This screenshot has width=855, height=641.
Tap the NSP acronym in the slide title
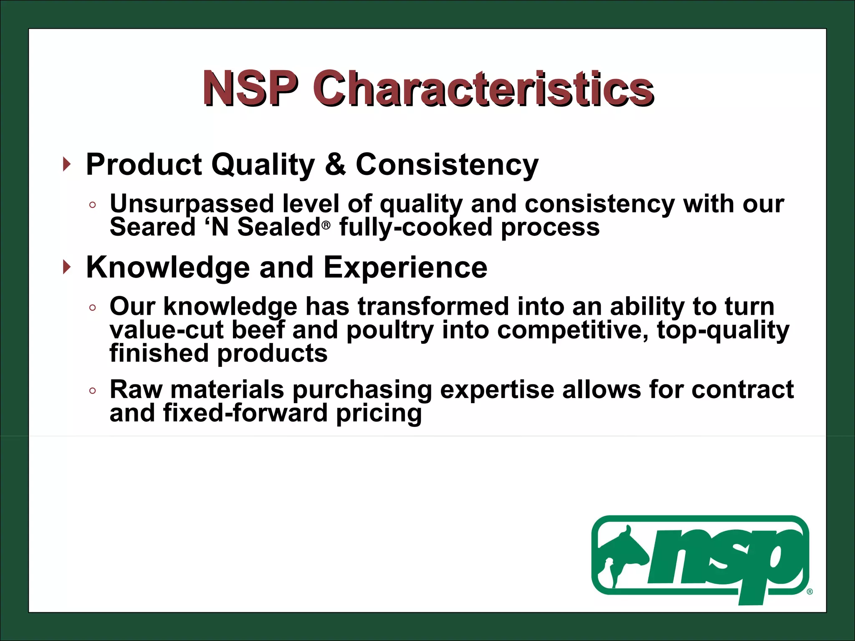pos(250,88)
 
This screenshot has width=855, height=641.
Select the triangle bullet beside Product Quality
pos(67,164)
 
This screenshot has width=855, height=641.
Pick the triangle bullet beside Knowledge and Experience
pos(67,267)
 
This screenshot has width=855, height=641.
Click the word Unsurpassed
pos(192,204)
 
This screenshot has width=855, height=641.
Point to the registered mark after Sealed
pos(326,226)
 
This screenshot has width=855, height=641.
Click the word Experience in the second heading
pos(405,267)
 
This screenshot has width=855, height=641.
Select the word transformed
pos(433,306)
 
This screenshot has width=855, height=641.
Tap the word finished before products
pos(159,353)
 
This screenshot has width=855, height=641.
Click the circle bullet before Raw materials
pos(93,391)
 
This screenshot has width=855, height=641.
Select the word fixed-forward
pos(245,413)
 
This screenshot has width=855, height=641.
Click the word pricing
pos(379,413)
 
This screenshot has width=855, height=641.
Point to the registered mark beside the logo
pos(809,592)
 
